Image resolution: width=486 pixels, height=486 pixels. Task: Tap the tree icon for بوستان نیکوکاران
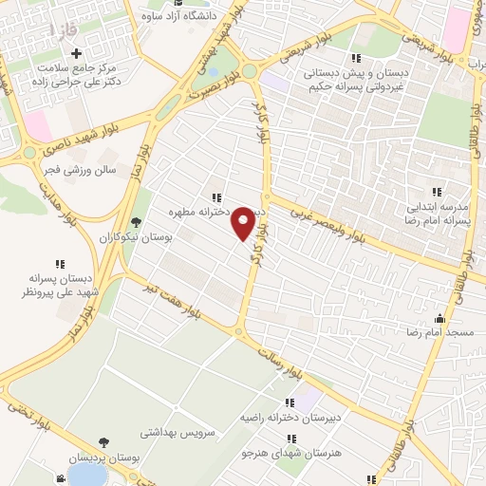(138, 221)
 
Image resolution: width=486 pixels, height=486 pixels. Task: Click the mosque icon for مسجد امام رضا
(439, 320)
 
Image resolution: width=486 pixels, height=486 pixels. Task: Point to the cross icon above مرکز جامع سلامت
(78, 53)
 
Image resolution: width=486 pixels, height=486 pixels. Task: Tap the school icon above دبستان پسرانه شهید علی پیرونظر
(61, 264)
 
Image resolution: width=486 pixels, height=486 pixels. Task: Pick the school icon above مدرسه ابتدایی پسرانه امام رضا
(438, 192)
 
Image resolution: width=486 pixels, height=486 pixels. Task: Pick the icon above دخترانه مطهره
(217, 197)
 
